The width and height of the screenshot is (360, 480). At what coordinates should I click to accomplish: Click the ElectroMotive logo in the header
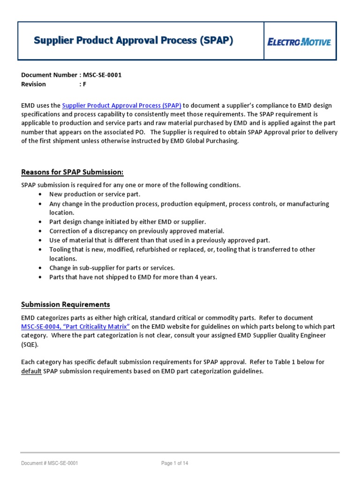(x=300, y=42)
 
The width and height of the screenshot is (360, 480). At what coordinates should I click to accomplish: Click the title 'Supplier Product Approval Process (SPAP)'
(x=133, y=41)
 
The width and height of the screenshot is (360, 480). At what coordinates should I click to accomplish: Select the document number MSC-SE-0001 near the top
(x=102, y=75)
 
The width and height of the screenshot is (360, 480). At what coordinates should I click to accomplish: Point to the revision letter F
(x=84, y=84)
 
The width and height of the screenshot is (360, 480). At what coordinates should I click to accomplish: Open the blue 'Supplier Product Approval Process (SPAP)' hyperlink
(x=121, y=106)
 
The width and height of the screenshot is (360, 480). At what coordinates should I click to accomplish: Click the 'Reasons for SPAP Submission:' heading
(x=72, y=172)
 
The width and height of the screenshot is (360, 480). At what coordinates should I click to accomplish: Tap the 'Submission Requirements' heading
(x=66, y=305)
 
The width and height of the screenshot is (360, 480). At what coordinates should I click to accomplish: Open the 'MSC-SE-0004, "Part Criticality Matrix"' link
(x=75, y=327)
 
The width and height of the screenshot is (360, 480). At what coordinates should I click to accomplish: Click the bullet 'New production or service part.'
(x=95, y=194)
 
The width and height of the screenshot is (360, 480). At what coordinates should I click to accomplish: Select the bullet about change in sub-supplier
(x=112, y=268)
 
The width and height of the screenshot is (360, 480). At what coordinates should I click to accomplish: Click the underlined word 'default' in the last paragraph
(x=31, y=371)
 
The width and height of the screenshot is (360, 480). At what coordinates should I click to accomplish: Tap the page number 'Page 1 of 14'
(x=174, y=464)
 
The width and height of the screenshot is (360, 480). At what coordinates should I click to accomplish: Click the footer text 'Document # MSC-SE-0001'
(x=49, y=464)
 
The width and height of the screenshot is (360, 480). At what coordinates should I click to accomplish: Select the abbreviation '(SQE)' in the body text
(x=30, y=345)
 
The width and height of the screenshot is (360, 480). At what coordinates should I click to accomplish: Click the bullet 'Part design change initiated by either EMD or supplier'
(x=127, y=222)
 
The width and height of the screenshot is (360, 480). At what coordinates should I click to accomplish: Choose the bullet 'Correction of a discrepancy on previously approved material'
(x=137, y=231)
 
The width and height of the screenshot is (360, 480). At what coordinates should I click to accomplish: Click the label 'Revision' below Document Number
(x=34, y=84)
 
